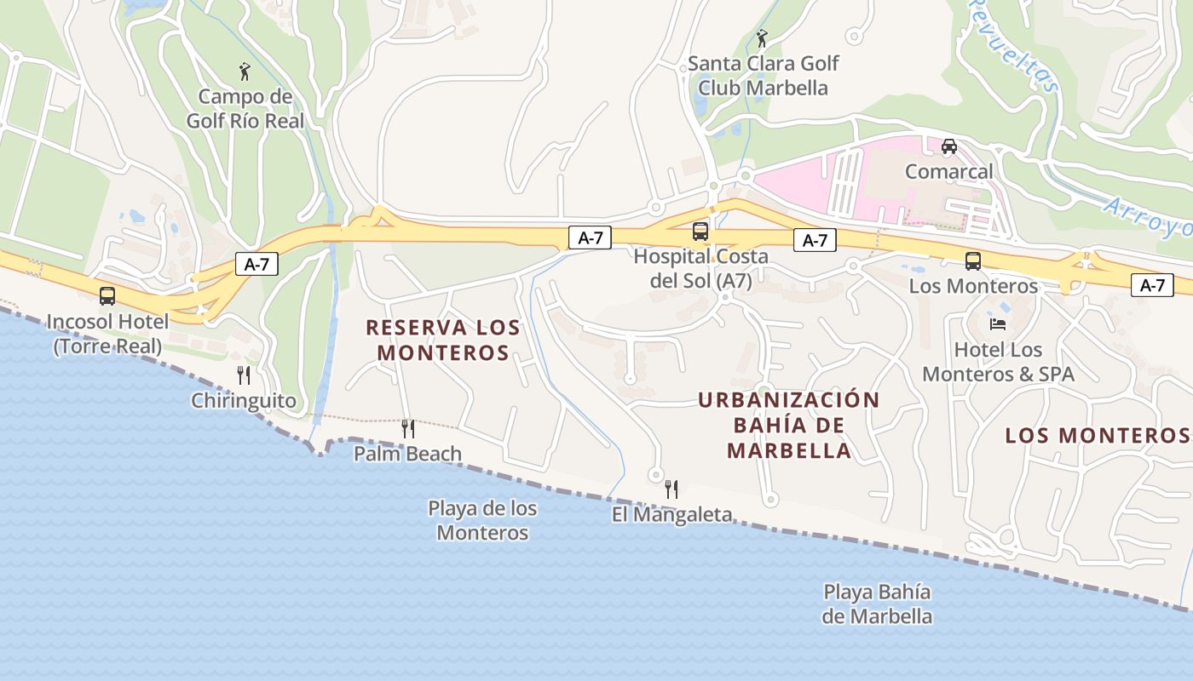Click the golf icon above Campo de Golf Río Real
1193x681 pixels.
point(245,72)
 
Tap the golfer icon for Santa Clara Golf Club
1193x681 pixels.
point(762,38)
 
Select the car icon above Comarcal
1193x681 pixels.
point(948,146)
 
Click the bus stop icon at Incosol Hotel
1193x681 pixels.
point(107,296)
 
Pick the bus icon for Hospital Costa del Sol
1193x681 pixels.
point(700,231)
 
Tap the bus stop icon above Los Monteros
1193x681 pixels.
point(972,261)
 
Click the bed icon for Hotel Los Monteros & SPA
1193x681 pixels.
point(997,324)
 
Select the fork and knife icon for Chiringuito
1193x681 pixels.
point(244,375)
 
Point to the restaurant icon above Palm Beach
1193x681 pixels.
point(408,428)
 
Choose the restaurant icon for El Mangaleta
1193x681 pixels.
point(671,489)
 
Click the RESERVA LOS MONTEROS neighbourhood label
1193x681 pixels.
point(443,340)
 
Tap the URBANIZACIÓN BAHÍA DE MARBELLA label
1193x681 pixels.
point(789,425)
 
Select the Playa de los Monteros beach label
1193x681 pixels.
point(482,520)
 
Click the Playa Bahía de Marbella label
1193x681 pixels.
point(877,604)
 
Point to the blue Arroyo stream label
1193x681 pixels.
point(1147,216)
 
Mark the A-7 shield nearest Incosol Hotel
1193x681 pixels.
point(256,264)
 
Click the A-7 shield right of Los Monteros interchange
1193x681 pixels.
point(1152,285)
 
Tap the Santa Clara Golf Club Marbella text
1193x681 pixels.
point(763,75)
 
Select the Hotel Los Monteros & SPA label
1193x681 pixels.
point(998,362)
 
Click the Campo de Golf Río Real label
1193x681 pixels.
point(245,108)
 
